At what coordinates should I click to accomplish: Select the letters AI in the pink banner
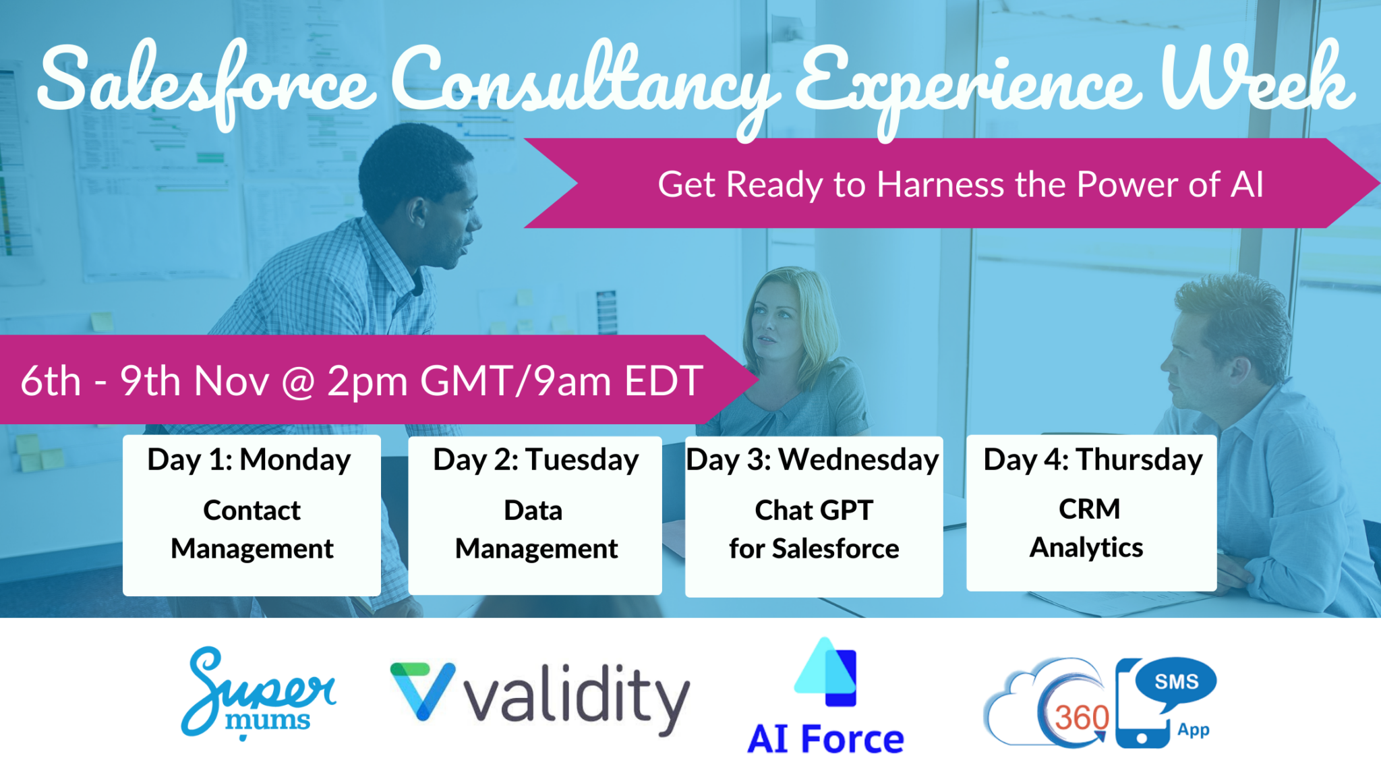click(x=1246, y=184)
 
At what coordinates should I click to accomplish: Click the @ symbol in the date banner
click(x=297, y=382)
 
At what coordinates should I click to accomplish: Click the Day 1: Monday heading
click(x=249, y=460)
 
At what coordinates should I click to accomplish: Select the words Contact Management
click(x=252, y=529)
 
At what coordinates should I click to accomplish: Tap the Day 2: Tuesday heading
click(x=535, y=460)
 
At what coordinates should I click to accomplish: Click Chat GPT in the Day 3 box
click(x=813, y=511)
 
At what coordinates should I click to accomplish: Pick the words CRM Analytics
click(x=1087, y=528)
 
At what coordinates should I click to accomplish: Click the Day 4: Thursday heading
click(x=1092, y=460)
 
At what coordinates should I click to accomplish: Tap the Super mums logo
click(x=258, y=692)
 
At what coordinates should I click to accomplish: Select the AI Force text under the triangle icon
click(x=825, y=739)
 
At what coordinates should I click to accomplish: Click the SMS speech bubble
click(x=1176, y=682)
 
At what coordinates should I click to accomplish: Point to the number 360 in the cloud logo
click(x=1081, y=718)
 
